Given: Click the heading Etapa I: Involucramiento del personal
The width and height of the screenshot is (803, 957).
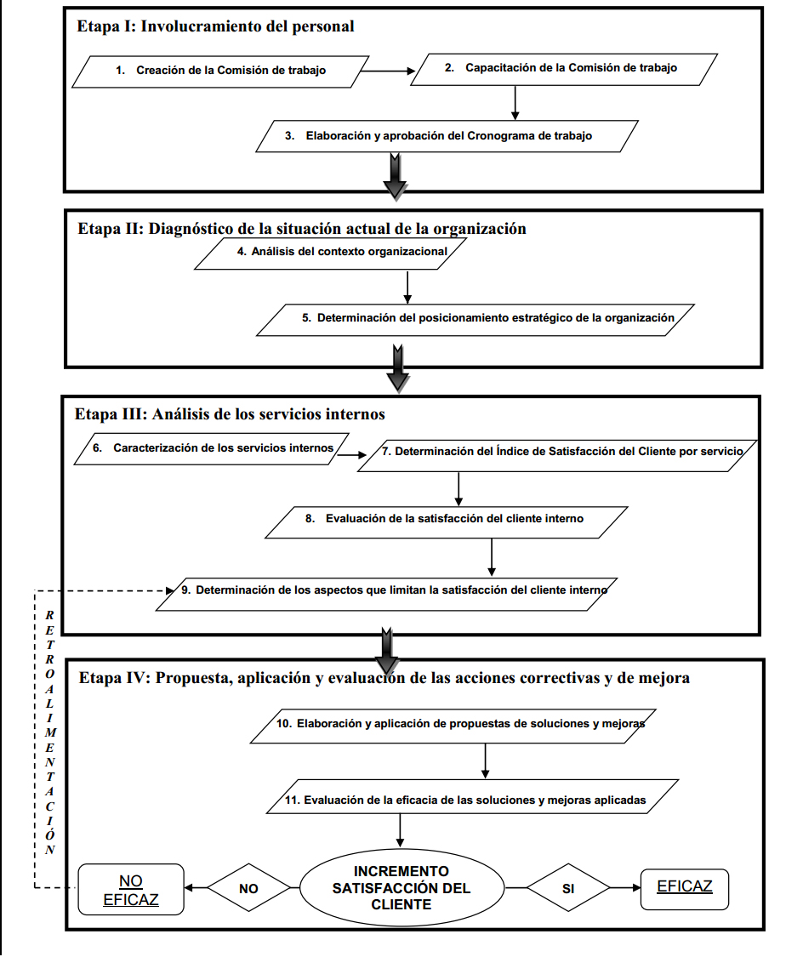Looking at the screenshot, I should click(216, 26).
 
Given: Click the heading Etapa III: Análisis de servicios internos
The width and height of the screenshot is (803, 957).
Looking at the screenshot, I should click(231, 414).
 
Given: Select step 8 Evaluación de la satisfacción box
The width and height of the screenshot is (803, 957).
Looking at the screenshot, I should click(447, 519).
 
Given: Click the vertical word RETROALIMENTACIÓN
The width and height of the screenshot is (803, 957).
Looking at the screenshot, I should click(50, 732).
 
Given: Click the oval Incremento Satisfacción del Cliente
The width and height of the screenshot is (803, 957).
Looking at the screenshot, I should click(401, 887).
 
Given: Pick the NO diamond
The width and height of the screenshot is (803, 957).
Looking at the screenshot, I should click(248, 888).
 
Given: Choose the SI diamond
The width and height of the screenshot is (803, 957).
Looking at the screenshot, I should click(567, 887).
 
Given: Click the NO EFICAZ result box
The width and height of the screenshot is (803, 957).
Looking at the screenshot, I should click(131, 889).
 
